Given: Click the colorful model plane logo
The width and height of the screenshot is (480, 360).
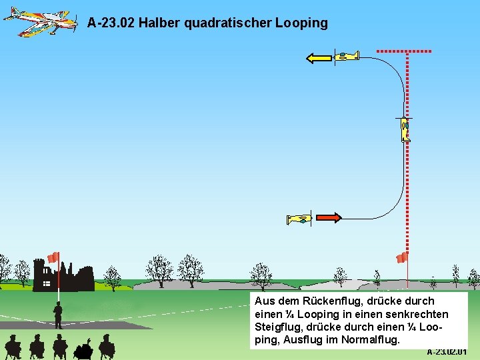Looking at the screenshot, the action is (x=41, y=22).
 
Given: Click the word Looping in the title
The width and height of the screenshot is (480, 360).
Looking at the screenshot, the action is (x=301, y=23).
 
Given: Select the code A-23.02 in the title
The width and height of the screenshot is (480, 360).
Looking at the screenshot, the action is (x=111, y=23).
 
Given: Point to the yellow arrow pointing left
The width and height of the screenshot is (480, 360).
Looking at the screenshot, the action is (x=319, y=58).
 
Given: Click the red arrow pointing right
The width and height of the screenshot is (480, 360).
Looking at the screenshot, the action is (x=329, y=217).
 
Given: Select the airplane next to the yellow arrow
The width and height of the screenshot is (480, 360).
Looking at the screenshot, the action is (x=347, y=57).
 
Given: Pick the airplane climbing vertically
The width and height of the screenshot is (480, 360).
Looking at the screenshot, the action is (x=405, y=129).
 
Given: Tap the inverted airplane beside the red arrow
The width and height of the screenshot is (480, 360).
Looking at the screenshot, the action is (x=299, y=219).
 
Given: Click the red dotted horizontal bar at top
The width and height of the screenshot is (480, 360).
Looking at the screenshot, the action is (x=404, y=51).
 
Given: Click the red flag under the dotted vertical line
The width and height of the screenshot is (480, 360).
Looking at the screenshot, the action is (x=401, y=257).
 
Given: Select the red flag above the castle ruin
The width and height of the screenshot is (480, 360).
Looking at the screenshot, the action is (x=53, y=257).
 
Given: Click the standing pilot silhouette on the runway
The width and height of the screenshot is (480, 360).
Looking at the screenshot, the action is (x=59, y=315).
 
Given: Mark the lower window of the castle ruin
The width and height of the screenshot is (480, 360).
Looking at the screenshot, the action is (x=47, y=283).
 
